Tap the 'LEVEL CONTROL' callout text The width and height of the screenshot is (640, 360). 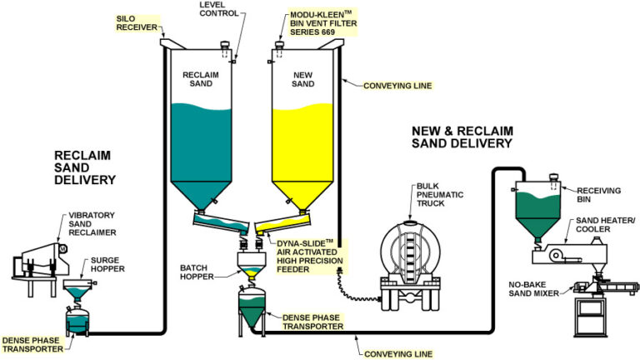220,10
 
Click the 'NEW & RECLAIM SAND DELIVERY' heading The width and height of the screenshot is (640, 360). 462,137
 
